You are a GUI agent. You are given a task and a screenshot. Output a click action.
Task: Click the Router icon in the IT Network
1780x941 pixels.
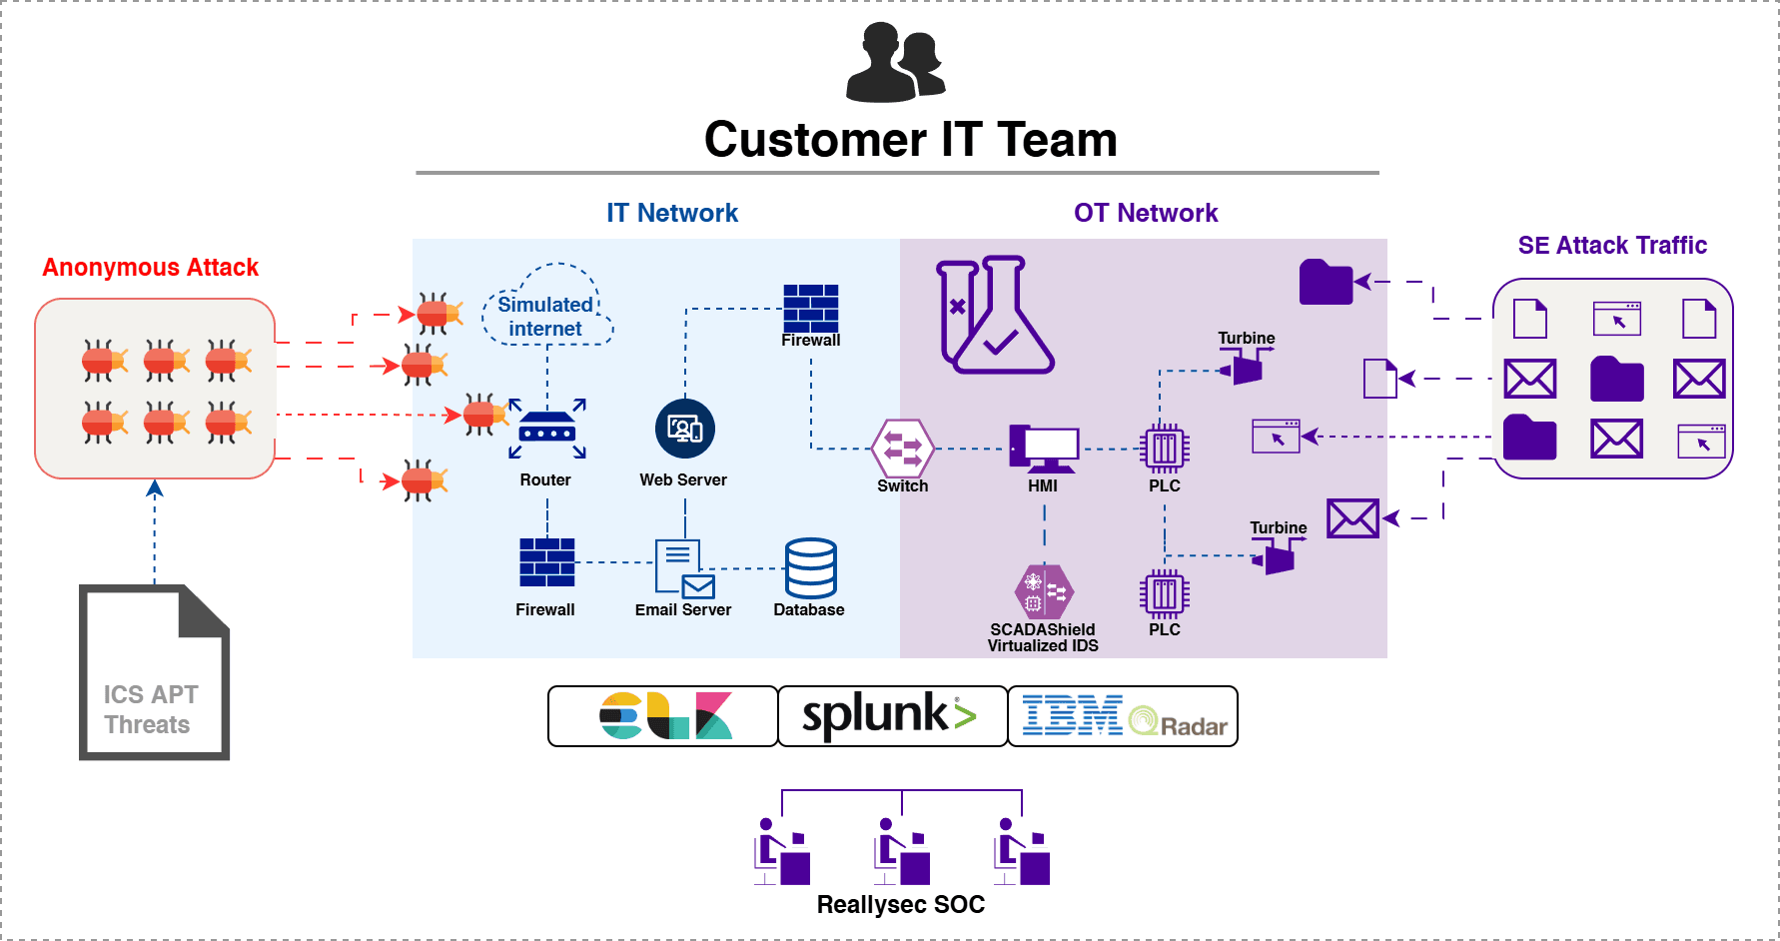(547, 431)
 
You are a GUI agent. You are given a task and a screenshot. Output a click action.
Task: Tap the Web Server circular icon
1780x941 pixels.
(685, 429)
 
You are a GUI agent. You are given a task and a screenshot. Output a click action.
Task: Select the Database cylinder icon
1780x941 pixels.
(810, 568)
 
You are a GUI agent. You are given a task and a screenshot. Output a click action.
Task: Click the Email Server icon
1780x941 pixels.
(684, 567)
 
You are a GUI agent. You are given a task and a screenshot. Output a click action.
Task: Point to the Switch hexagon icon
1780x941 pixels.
(903, 449)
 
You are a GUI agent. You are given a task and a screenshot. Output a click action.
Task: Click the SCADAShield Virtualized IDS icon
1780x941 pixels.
(1044, 592)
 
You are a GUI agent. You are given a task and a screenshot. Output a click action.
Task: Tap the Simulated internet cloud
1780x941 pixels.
(547, 306)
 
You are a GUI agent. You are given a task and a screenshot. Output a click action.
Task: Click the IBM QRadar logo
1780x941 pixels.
(1124, 716)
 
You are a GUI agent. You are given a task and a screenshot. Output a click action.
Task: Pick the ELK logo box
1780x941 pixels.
(663, 716)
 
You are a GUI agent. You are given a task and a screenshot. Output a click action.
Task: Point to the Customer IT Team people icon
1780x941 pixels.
(895, 64)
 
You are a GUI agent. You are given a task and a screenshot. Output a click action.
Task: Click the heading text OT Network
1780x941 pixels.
(1146, 213)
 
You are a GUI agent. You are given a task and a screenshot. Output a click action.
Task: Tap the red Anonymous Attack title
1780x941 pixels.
(151, 268)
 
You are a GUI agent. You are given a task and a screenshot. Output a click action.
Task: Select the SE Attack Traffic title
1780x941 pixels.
(1612, 246)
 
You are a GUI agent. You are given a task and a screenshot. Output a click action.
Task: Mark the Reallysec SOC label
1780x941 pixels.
(900, 905)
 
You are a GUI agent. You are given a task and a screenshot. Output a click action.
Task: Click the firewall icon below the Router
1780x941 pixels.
(547, 562)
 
